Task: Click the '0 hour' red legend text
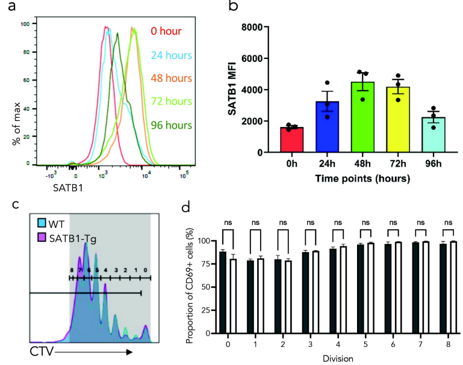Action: (165, 31)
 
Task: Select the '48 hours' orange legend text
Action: (172, 78)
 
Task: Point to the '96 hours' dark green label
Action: (172, 125)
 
